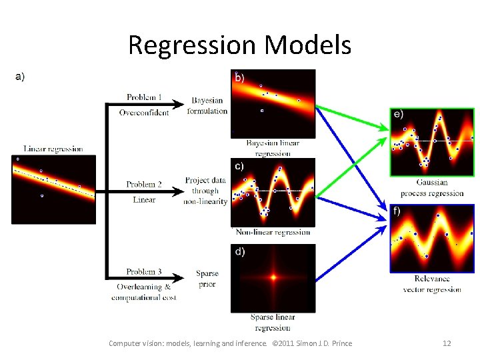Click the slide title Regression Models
point(239,45)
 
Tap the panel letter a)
point(20,77)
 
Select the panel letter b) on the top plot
point(239,77)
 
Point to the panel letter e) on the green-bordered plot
point(398,114)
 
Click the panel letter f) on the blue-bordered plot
point(397,211)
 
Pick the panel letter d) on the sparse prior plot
point(239,252)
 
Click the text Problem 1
point(145,97)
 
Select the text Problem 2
point(145,184)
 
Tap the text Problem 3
point(145,271)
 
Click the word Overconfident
point(144,113)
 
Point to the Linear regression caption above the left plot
point(53,149)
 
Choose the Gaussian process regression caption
point(432,188)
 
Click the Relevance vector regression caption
point(432,284)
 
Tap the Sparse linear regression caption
point(273,322)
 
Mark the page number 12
point(447,343)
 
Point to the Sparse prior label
point(207,279)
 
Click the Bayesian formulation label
point(207,106)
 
